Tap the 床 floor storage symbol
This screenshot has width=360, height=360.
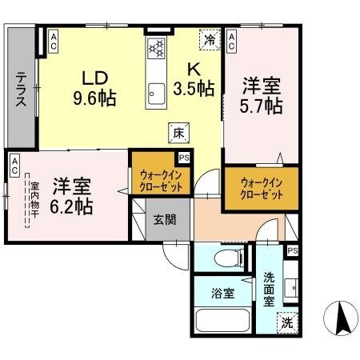point(179,134)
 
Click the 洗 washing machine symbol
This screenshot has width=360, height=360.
point(286,323)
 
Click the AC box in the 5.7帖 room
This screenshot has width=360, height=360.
point(232,40)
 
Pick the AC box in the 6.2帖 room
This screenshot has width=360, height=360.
point(15,166)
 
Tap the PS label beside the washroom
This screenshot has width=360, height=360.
point(294,251)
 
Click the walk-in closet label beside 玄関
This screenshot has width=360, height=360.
point(161,180)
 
